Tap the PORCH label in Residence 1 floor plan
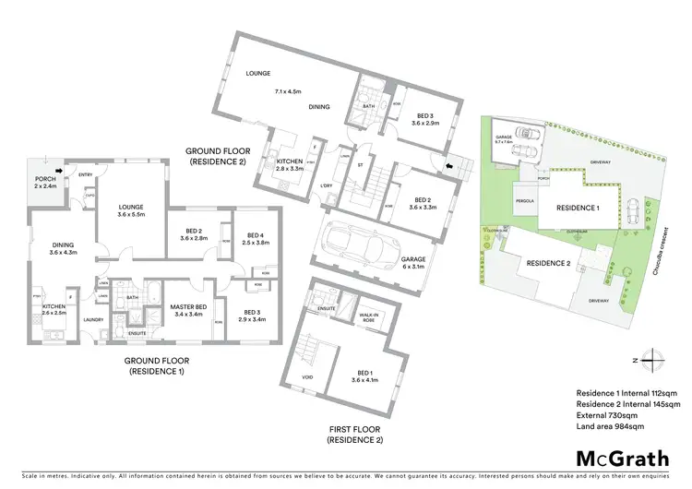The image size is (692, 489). click(46, 182)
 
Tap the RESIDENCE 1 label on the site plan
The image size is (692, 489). click(578, 209)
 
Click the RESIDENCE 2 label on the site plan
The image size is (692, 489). click(548, 263)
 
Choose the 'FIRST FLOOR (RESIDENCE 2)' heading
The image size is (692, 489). click(354, 435)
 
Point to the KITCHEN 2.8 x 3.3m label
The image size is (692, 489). click(290, 165)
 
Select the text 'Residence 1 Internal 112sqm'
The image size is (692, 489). click(627, 392)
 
